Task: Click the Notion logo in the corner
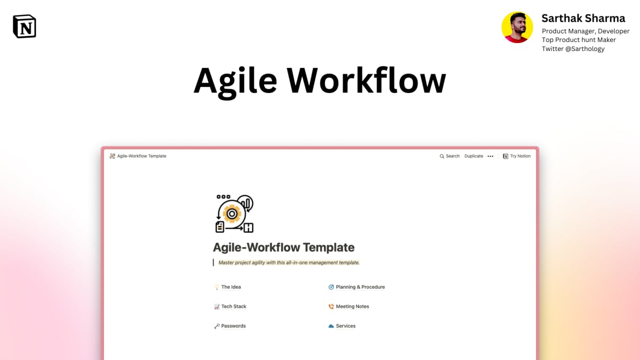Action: click(x=24, y=26)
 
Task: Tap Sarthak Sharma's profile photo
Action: click(x=517, y=27)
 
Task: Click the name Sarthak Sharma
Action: click(x=583, y=18)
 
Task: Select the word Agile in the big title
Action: click(x=235, y=81)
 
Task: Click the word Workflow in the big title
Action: click(x=366, y=81)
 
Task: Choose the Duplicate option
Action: click(x=474, y=156)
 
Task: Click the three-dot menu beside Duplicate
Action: click(x=490, y=156)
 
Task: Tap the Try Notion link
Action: click(x=517, y=156)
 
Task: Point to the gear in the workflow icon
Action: click(x=232, y=213)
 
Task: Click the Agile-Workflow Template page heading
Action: click(x=284, y=247)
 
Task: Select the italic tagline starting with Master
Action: click(x=289, y=262)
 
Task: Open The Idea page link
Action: click(x=231, y=287)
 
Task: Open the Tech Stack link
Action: click(x=233, y=306)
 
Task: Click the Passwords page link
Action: click(x=233, y=326)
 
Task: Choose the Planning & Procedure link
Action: click(x=360, y=287)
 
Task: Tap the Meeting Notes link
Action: click(x=352, y=306)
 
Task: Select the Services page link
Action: click(x=345, y=326)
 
